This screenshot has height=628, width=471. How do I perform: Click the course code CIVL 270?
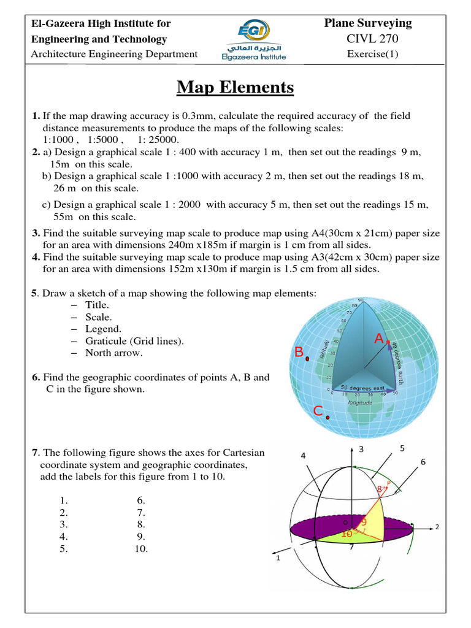368,39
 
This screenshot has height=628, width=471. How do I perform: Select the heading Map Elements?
235,88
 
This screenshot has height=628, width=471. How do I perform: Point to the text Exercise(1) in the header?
372,53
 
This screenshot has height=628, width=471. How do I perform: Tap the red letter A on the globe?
379,339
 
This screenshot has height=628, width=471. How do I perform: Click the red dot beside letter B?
307,359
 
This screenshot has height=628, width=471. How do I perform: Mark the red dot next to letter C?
328,418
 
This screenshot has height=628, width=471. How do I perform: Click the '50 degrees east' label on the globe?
362,388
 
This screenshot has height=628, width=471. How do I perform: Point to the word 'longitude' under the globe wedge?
360,404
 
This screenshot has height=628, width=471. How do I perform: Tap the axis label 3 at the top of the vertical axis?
362,450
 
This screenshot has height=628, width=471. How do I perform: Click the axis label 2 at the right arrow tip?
437,526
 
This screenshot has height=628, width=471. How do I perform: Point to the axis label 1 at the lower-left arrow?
278,559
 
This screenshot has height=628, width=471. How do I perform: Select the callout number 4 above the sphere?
304,456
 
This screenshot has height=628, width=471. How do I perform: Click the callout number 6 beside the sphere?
423,461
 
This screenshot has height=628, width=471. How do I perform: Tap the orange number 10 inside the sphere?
346,534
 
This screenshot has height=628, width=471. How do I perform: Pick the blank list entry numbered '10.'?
142,549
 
